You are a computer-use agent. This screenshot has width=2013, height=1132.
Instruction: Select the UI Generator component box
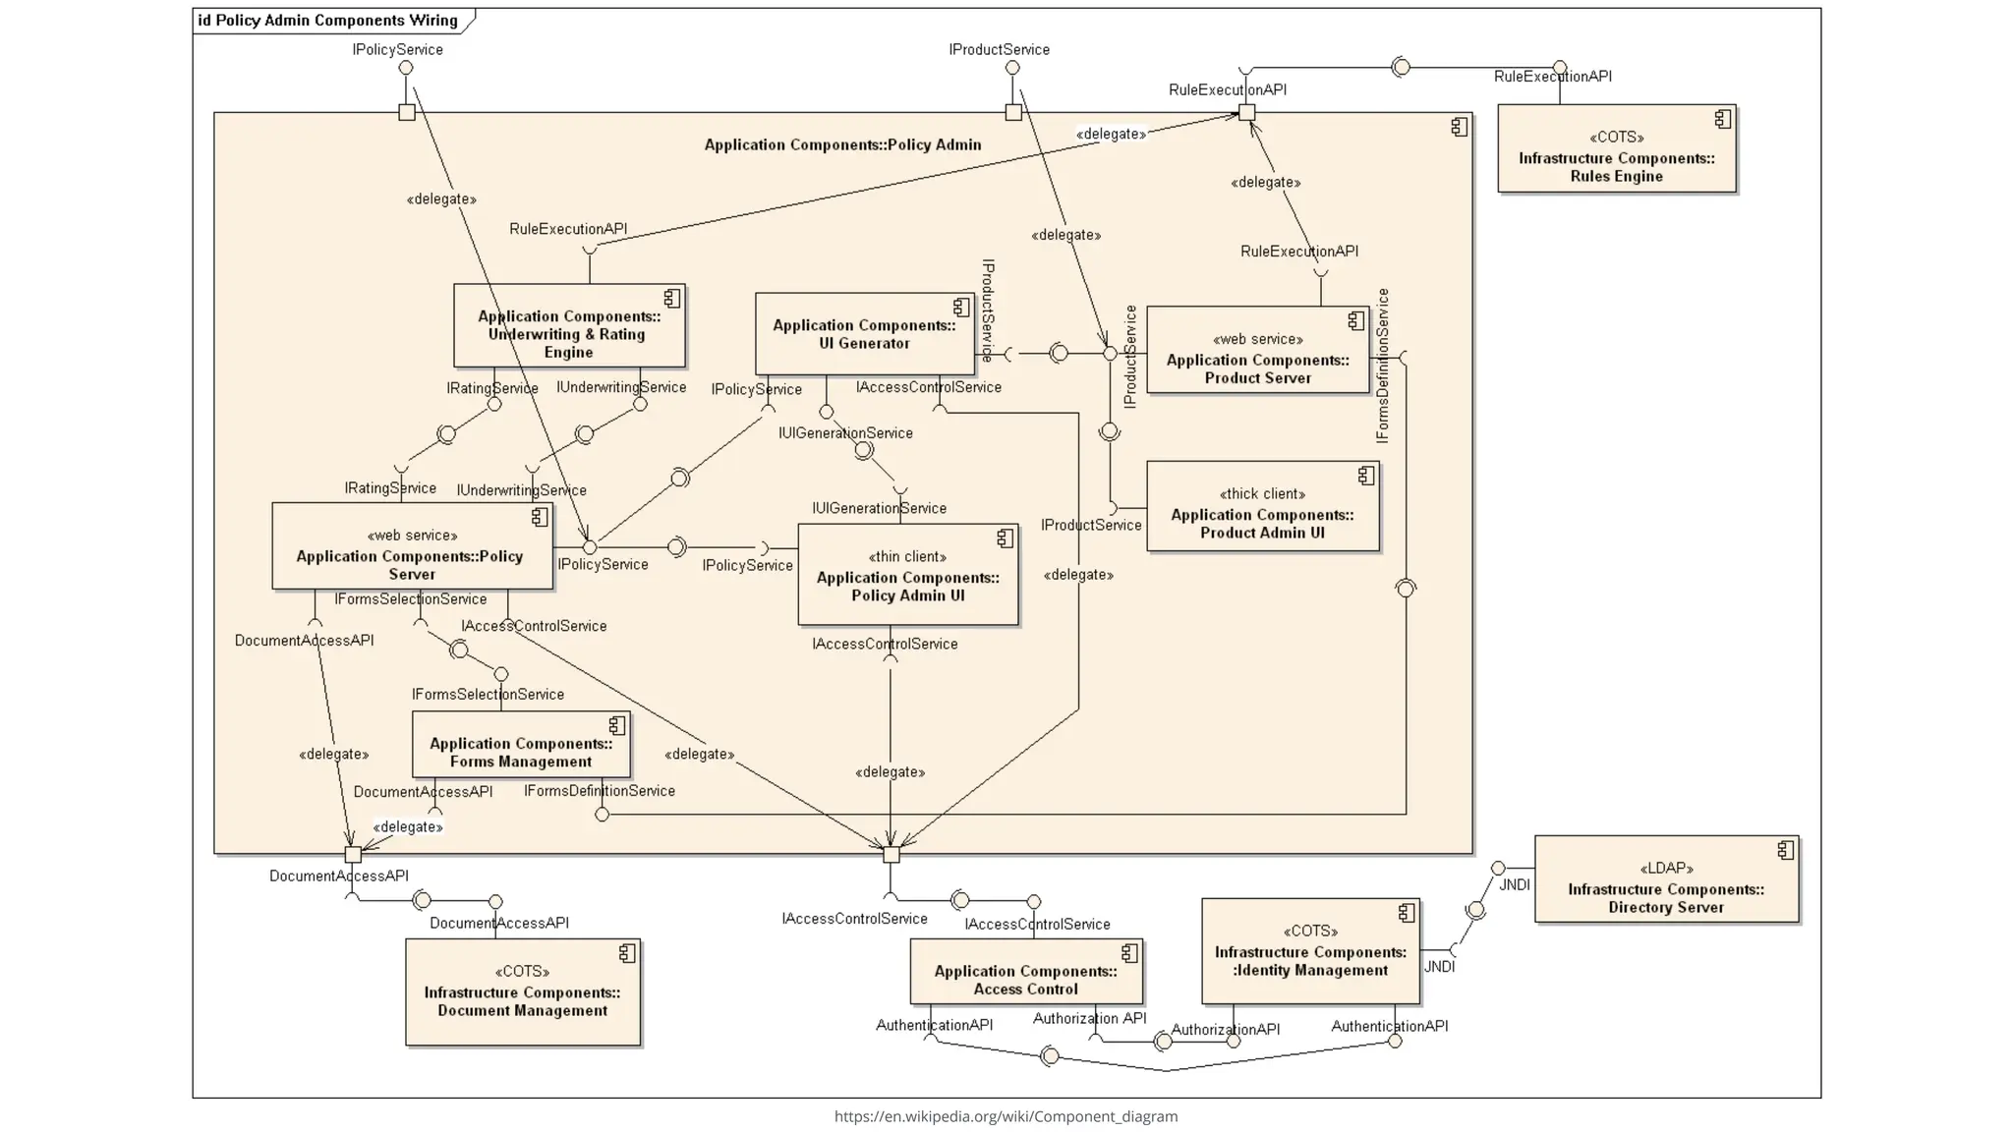tap(864, 334)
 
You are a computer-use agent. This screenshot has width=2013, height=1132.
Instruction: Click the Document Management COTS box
tap(522, 992)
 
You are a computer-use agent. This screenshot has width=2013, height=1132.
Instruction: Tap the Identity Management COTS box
tap(1310, 952)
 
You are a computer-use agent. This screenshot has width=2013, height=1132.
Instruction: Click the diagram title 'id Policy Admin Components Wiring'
tap(328, 21)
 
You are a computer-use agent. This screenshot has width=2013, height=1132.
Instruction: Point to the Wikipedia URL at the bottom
tap(1006, 1116)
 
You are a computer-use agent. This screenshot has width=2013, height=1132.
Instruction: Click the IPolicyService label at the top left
tap(397, 50)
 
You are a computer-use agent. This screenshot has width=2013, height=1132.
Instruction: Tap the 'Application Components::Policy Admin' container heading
tap(842, 145)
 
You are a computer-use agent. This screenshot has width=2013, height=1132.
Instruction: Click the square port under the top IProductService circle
tap(1013, 113)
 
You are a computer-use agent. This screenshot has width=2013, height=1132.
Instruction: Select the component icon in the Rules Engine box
tap(1722, 119)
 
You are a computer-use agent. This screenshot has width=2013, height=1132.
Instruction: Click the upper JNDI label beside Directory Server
tap(1514, 885)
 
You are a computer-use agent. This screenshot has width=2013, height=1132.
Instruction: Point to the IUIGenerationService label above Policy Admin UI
tap(879, 509)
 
